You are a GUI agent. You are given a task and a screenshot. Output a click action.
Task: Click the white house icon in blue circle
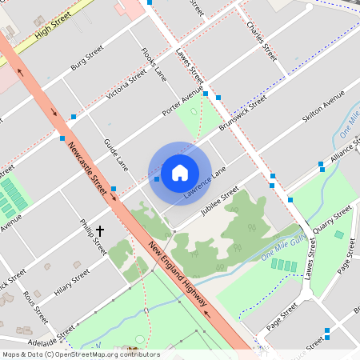click(180, 173)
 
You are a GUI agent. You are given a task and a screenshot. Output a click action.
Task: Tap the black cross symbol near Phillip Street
click(100, 230)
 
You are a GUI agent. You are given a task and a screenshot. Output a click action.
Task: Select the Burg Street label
click(87, 58)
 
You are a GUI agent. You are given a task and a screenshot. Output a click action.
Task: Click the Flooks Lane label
click(154, 64)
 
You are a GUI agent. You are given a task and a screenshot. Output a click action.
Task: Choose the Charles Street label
click(262, 42)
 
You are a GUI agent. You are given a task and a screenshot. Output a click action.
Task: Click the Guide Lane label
click(116, 154)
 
